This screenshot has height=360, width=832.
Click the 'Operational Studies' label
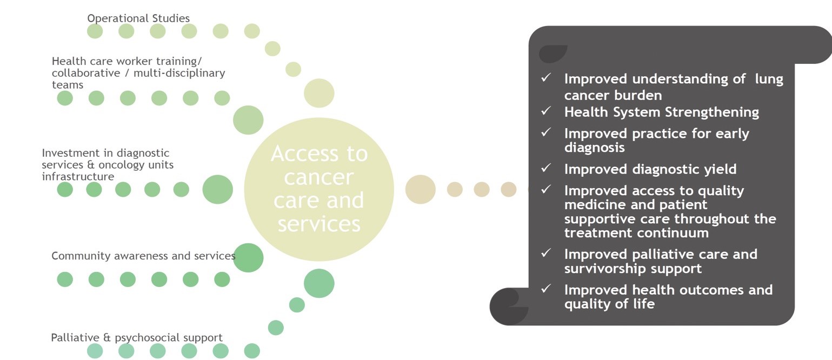click(138, 18)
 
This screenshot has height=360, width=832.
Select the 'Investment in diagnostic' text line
click(105, 153)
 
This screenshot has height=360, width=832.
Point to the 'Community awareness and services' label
click(143, 256)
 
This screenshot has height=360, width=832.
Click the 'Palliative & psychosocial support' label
click(137, 337)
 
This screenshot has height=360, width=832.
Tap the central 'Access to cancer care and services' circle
click(319, 189)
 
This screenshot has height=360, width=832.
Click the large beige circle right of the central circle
click(421, 190)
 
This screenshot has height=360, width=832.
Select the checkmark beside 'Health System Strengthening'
click(545, 111)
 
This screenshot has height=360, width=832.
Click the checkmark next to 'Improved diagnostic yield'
click(545, 168)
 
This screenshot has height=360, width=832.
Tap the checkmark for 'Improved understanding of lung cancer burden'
click(545, 78)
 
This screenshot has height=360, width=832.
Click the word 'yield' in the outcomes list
click(721, 169)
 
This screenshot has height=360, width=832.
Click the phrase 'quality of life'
click(609, 304)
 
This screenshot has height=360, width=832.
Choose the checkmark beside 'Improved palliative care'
click(545, 253)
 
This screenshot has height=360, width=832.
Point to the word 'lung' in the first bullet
click(769, 79)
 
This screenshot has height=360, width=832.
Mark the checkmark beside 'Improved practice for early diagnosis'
click(545, 132)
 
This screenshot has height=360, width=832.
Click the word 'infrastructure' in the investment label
click(78, 176)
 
